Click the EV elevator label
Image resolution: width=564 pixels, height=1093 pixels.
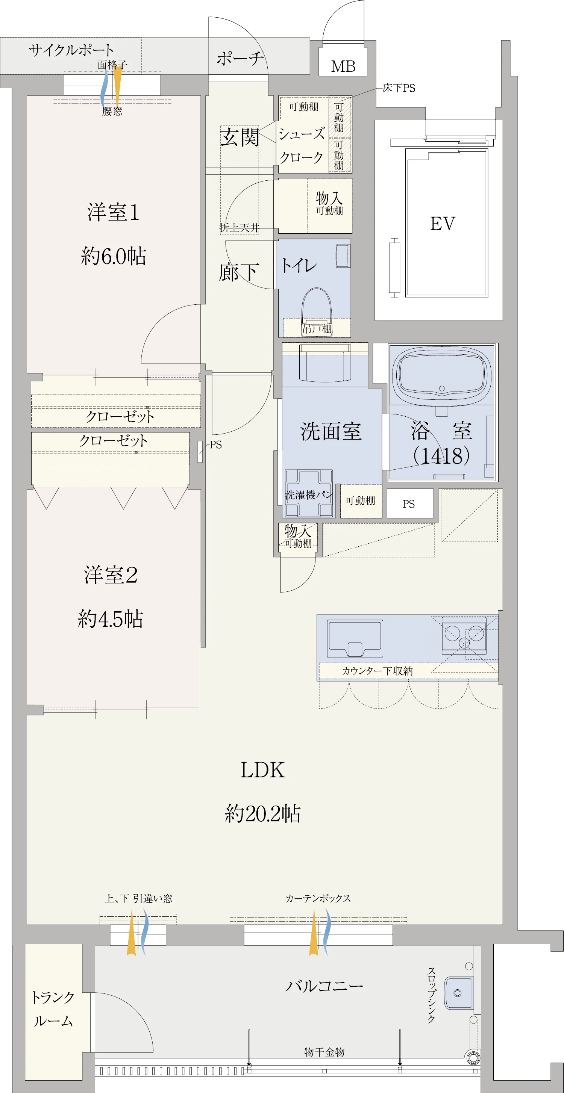click(x=442, y=224)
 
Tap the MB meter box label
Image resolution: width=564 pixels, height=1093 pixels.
click(x=343, y=66)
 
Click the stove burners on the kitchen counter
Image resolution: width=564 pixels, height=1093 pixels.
click(x=464, y=636)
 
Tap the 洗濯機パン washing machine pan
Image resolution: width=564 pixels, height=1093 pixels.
click(x=309, y=493)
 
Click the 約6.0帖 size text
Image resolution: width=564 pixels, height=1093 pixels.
click(x=114, y=256)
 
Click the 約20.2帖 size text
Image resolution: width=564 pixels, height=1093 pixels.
click(x=262, y=814)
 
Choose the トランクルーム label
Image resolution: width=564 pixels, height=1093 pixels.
click(x=53, y=1009)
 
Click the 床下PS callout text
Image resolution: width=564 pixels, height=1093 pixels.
click(x=399, y=88)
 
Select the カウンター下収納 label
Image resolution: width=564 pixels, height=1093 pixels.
click(x=377, y=671)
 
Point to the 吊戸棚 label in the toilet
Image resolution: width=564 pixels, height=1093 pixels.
click(x=317, y=328)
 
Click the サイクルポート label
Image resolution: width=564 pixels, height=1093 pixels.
click(x=71, y=50)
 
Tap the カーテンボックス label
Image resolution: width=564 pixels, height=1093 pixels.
click(x=318, y=898)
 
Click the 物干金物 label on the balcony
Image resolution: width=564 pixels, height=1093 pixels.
click(x=324, y=1052)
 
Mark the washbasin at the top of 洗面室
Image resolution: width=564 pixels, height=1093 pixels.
click(x=325, y=363)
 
